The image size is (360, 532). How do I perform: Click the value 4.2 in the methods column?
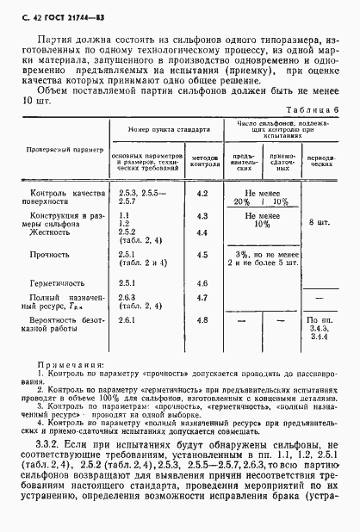click(203, 195)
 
